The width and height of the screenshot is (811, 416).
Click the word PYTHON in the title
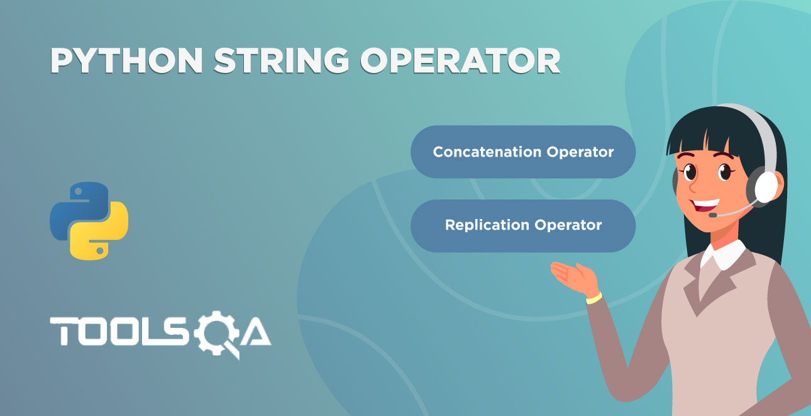coord(126,60)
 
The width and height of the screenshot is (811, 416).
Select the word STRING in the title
coord(282,60)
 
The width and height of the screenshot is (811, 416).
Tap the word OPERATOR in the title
coord(461,60)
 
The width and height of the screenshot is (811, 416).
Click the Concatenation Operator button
coord(523,152)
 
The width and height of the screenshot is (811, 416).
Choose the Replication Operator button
coord(523,226)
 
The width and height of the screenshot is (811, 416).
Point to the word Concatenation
coord(487,152)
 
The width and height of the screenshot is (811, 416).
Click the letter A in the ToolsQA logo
coord(256,332)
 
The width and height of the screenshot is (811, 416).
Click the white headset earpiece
coord(766,188)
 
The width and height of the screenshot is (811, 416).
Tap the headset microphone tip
coord(712,215)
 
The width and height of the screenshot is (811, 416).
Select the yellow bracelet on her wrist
coord(594,298)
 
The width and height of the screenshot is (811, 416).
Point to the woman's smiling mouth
coord(705,205)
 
